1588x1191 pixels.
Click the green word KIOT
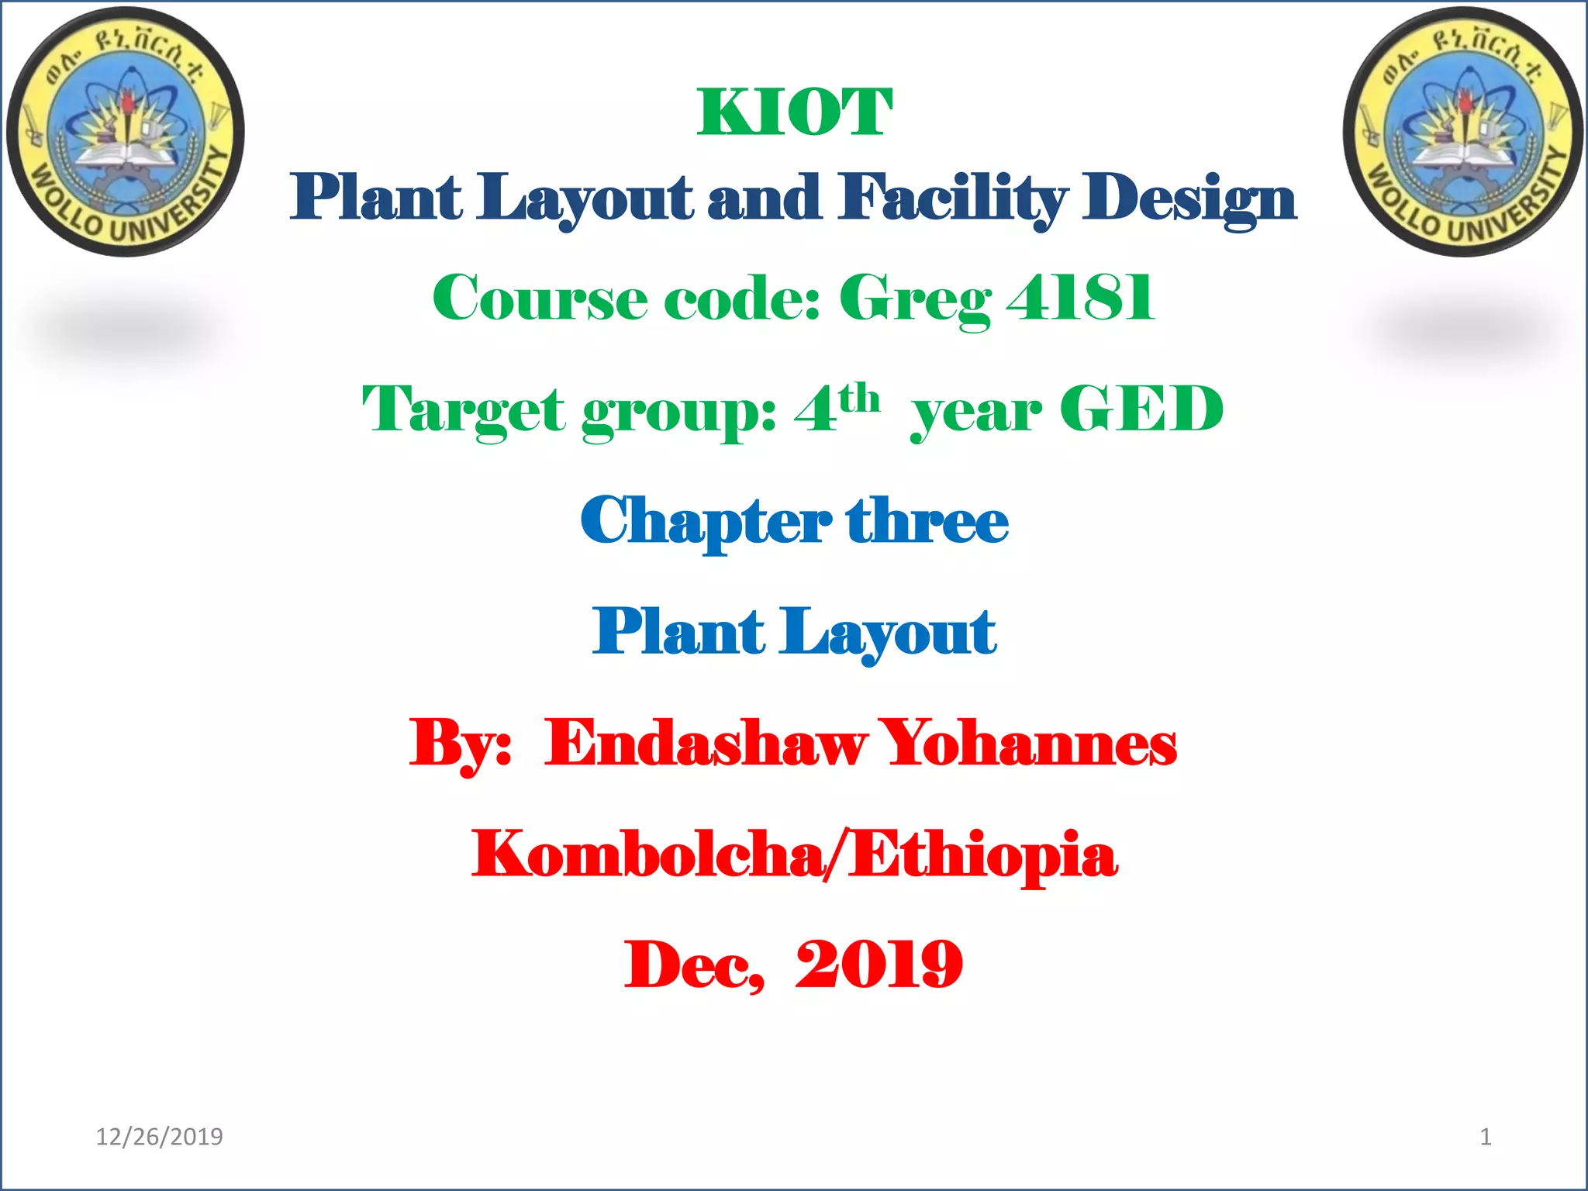pos(795,113)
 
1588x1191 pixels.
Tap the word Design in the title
pos(1189,198)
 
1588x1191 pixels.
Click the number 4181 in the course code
pos(1080,298)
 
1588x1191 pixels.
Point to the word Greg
pos(915,299)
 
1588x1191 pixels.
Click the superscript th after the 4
pos(859,399)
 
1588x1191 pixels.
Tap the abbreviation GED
pos(1141,409)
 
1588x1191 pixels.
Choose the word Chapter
pos(706,522)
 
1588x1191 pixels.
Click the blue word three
pos(927,520)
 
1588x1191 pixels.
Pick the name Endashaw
pos(706,743)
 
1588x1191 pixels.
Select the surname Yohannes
pos(1030,743)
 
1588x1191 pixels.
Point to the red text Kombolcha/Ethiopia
pos(795,854)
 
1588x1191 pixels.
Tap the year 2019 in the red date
pos(879,965)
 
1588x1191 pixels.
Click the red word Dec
pos(694,966)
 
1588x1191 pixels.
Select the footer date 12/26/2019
pos(159,1137)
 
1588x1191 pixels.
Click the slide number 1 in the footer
pos(1486,1137)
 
